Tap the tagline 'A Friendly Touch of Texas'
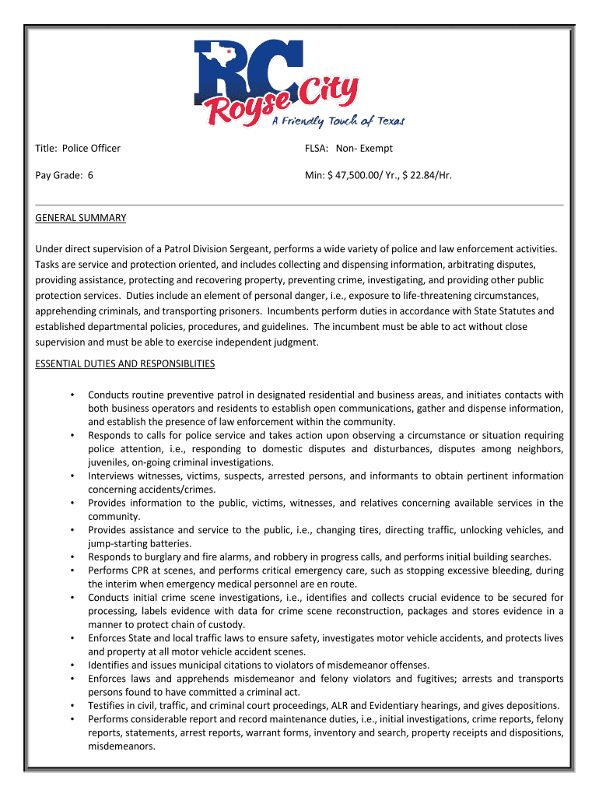(x=338, y=121)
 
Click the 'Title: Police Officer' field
(x=78, y=148)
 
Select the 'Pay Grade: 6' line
(x=65, y=175)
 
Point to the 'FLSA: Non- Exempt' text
(x=349, y=148)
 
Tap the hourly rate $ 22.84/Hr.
(x=426, y=175)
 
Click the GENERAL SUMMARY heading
(x=80, y=218)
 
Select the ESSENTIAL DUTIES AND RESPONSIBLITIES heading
(x=125, y=363)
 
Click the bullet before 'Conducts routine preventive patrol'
(x=72, y=395)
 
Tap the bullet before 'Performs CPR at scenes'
(x=72, y=571)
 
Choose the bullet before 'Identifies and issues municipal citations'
(x=72, y=665)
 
